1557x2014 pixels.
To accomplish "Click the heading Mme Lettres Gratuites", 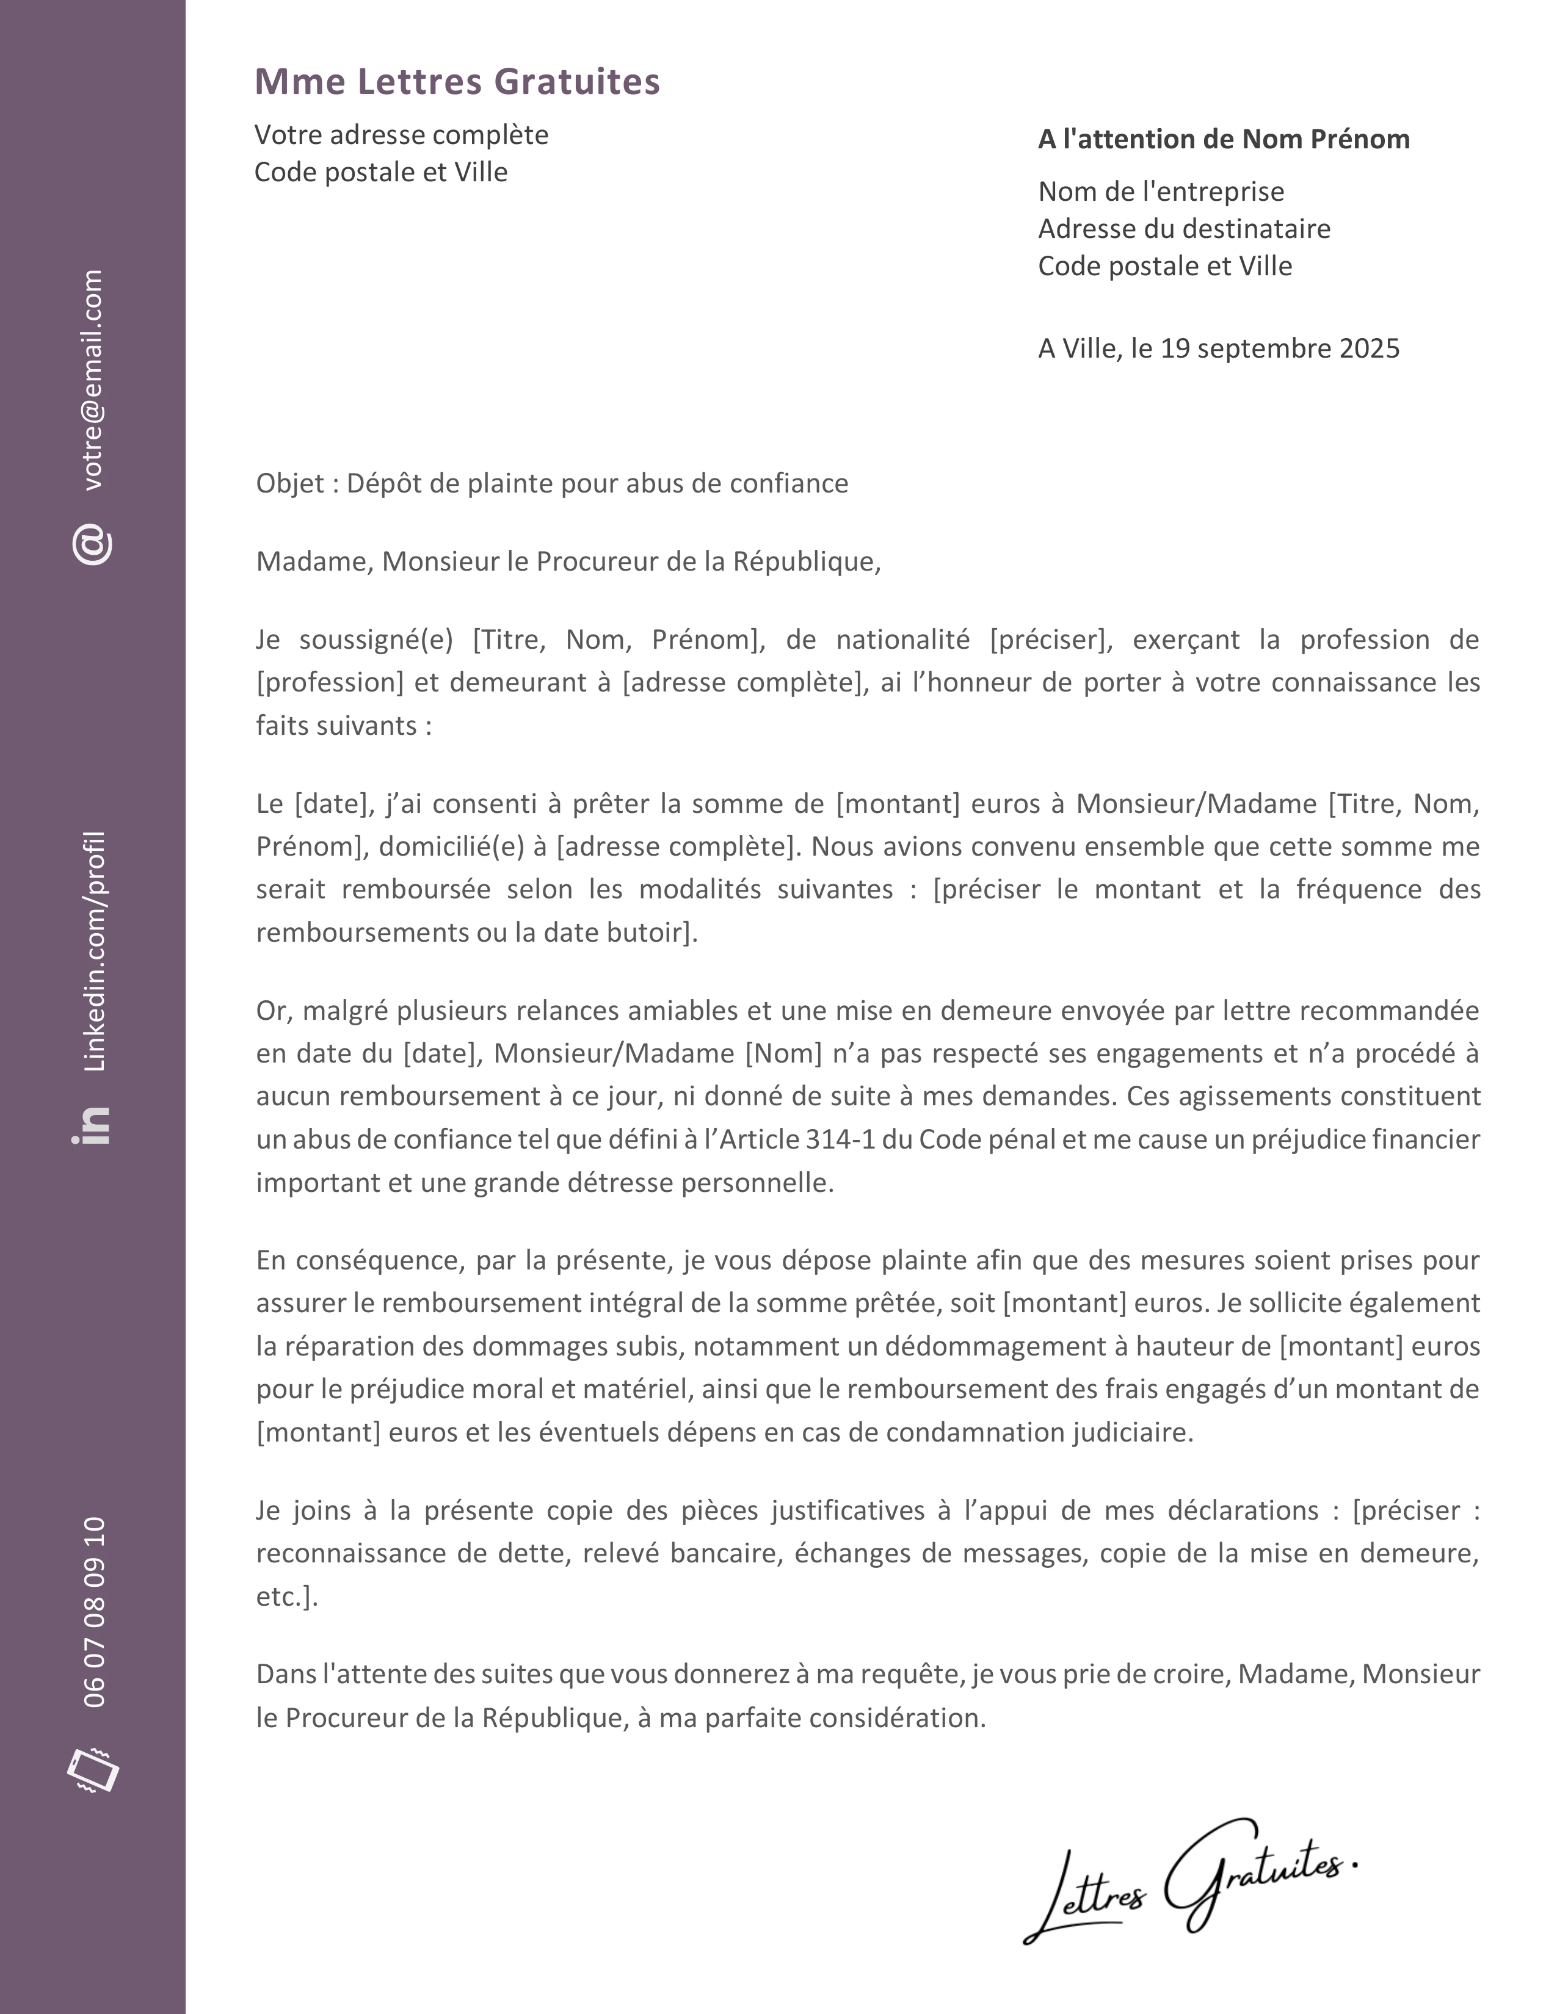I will tap(457, 81).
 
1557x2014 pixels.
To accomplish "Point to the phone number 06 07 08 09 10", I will tap(94, 1612).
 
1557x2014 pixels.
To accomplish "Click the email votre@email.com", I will tap(93, 380).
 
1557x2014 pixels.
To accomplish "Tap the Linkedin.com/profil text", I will tap(94, 951).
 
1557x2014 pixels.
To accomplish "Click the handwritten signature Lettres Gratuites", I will tap(1190, 1881).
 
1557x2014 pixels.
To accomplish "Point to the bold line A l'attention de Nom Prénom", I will tap(1223, 139).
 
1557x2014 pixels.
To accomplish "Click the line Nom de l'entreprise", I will tap(1160, 192).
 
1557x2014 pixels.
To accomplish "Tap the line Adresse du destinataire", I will tap(1183, 229).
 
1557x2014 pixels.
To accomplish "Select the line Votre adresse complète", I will tap(401, 135).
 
